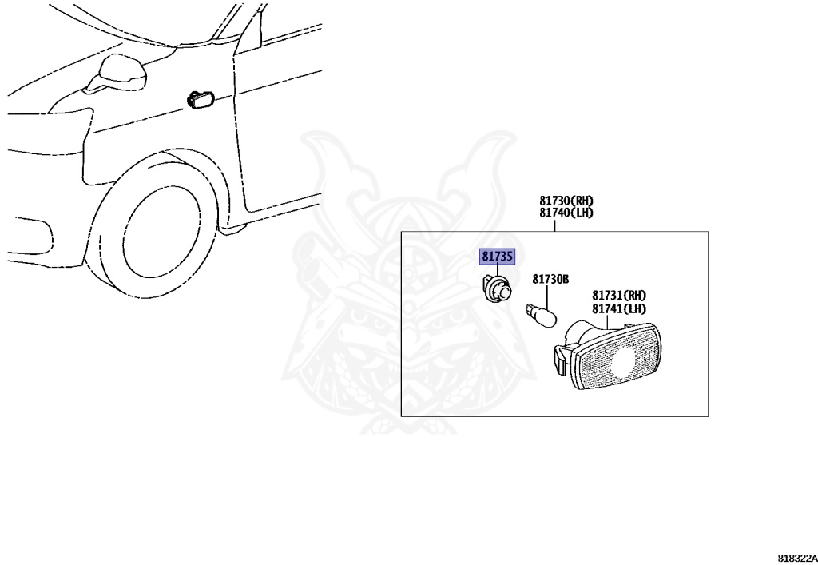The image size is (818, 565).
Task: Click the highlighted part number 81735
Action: pos(497,257)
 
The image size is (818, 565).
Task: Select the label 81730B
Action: pos(550,280)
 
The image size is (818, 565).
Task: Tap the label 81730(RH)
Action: pos(566,201)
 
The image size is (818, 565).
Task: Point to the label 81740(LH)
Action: pos(566,213)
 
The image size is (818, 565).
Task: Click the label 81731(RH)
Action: pos(619,296)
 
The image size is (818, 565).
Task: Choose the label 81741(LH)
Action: pos(619,308)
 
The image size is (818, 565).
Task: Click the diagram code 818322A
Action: pos(798,559)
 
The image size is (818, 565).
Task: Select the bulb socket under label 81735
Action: pos(497,291)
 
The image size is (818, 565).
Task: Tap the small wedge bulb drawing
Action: pos(541,315)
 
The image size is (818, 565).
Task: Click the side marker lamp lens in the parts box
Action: pos(616,356)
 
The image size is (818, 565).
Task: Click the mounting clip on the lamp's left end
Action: pos(559,359)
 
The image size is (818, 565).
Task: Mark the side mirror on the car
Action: pos(117,72)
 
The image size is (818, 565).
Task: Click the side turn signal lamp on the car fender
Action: pos(201,99)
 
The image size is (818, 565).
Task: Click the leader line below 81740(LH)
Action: pos(554,225)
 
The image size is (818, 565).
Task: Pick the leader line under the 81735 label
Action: pos(497,271)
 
